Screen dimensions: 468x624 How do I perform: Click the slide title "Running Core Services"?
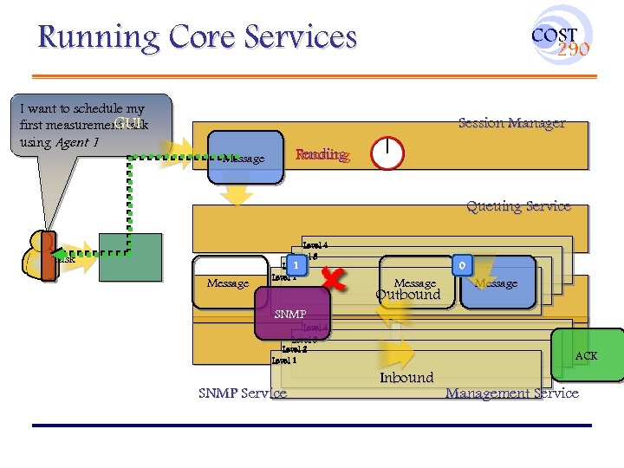pyautogui.click(x=198, y=37)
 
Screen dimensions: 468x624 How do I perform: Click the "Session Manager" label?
pyautogui.click(x=511, y=123)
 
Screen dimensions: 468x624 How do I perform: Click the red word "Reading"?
pyautogui.click(x=322, y=155)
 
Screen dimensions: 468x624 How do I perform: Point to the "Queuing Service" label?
pyautogui.click(x=518, y=206)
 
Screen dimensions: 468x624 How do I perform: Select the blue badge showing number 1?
pyautogui.click(x=296, y=264)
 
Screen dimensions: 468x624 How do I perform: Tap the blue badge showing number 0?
pyautogui.click(x=463, y=264)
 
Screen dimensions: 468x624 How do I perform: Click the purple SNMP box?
pyautogui.click(x=293, y=314)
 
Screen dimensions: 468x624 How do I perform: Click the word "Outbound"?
pyautogui.click(x=407, y=295)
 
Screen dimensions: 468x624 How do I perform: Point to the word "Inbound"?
pyautogui.click(x=406, y=377)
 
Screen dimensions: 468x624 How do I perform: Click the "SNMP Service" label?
pyautogui.click(x=242, y=393)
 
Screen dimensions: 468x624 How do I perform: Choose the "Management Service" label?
pyautogui.click(x=511, y=393)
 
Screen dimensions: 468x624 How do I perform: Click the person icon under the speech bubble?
pyautogui.click(x=40, y=256)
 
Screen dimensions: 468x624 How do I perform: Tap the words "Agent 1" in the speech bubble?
pyautogui.click(x=77, y=142)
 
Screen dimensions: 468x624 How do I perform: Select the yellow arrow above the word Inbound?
pyautogui.click(x=398, y=354)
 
